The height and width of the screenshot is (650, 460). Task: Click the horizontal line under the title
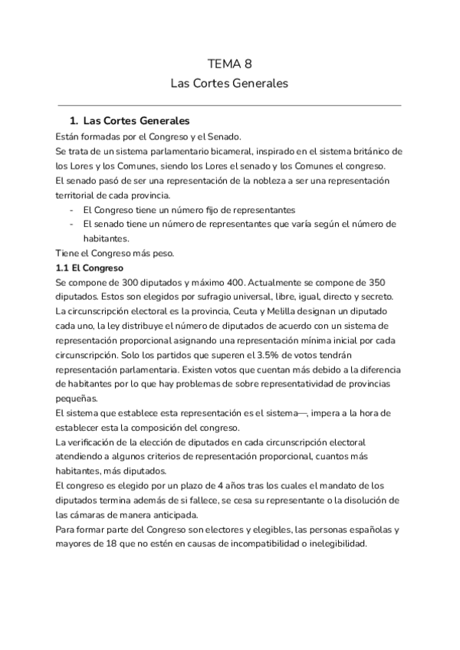[229, 105]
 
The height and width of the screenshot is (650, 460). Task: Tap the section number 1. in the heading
[74, 121]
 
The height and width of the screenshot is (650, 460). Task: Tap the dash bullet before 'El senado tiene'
[71, 224]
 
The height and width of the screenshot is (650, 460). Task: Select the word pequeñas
[77, 399]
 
